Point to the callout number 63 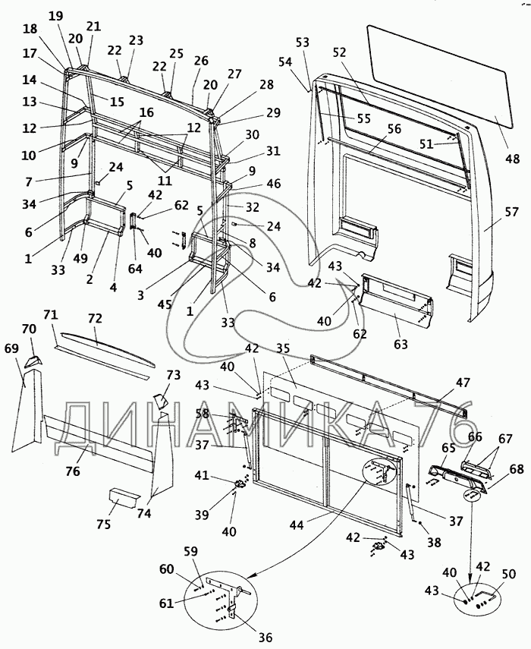click(401, 344)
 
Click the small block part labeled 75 click(121, 498)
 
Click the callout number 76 click(73, 471)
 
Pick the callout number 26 click(201, 60)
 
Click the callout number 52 click(339, 52)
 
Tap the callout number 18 click(30, 28)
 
